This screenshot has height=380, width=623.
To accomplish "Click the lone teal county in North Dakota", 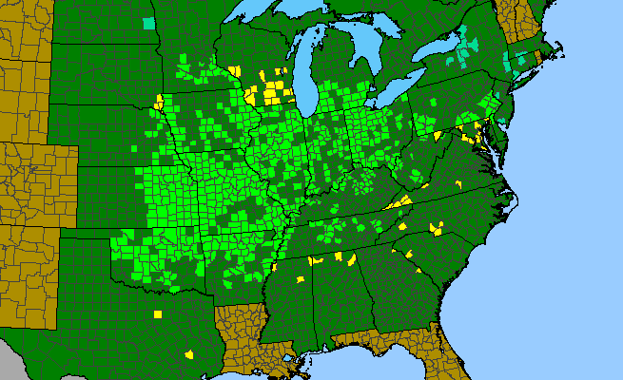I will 147,23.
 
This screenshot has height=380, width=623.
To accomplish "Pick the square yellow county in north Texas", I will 158,313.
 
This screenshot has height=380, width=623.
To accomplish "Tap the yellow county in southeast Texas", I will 188,353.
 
